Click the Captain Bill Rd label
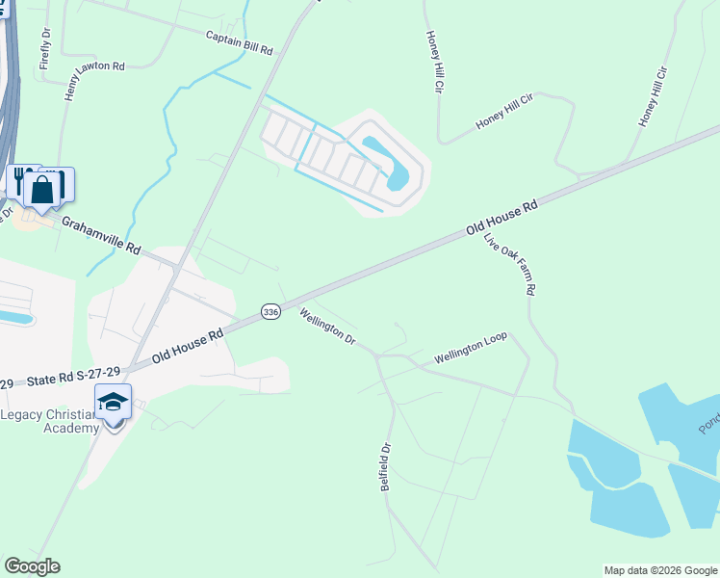[240, 41]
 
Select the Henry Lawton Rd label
[94, 82]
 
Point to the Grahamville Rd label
[101, 234]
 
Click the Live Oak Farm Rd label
[509, 263]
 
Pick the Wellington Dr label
[327, 328]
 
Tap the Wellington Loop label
[470, 350]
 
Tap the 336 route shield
[270, 312]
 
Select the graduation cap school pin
[113, 402]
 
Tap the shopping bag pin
[43, 188]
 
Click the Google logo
[32, 565]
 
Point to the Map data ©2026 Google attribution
[660, 570]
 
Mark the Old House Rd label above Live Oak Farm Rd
[501, 219]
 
